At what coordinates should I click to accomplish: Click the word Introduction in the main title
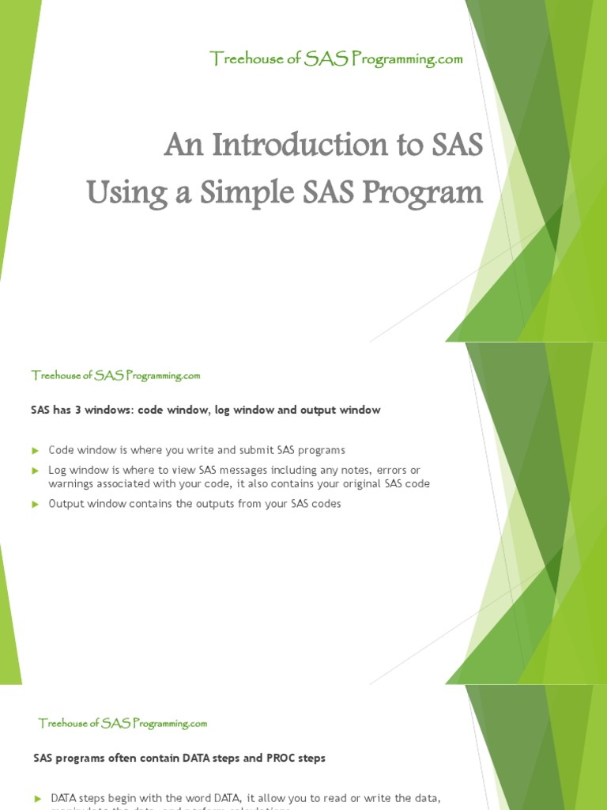point(288,146)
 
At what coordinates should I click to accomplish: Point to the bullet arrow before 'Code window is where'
point(36,451)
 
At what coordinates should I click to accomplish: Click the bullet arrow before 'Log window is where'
point(36,471)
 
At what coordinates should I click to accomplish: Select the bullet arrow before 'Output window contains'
point(36,504)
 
